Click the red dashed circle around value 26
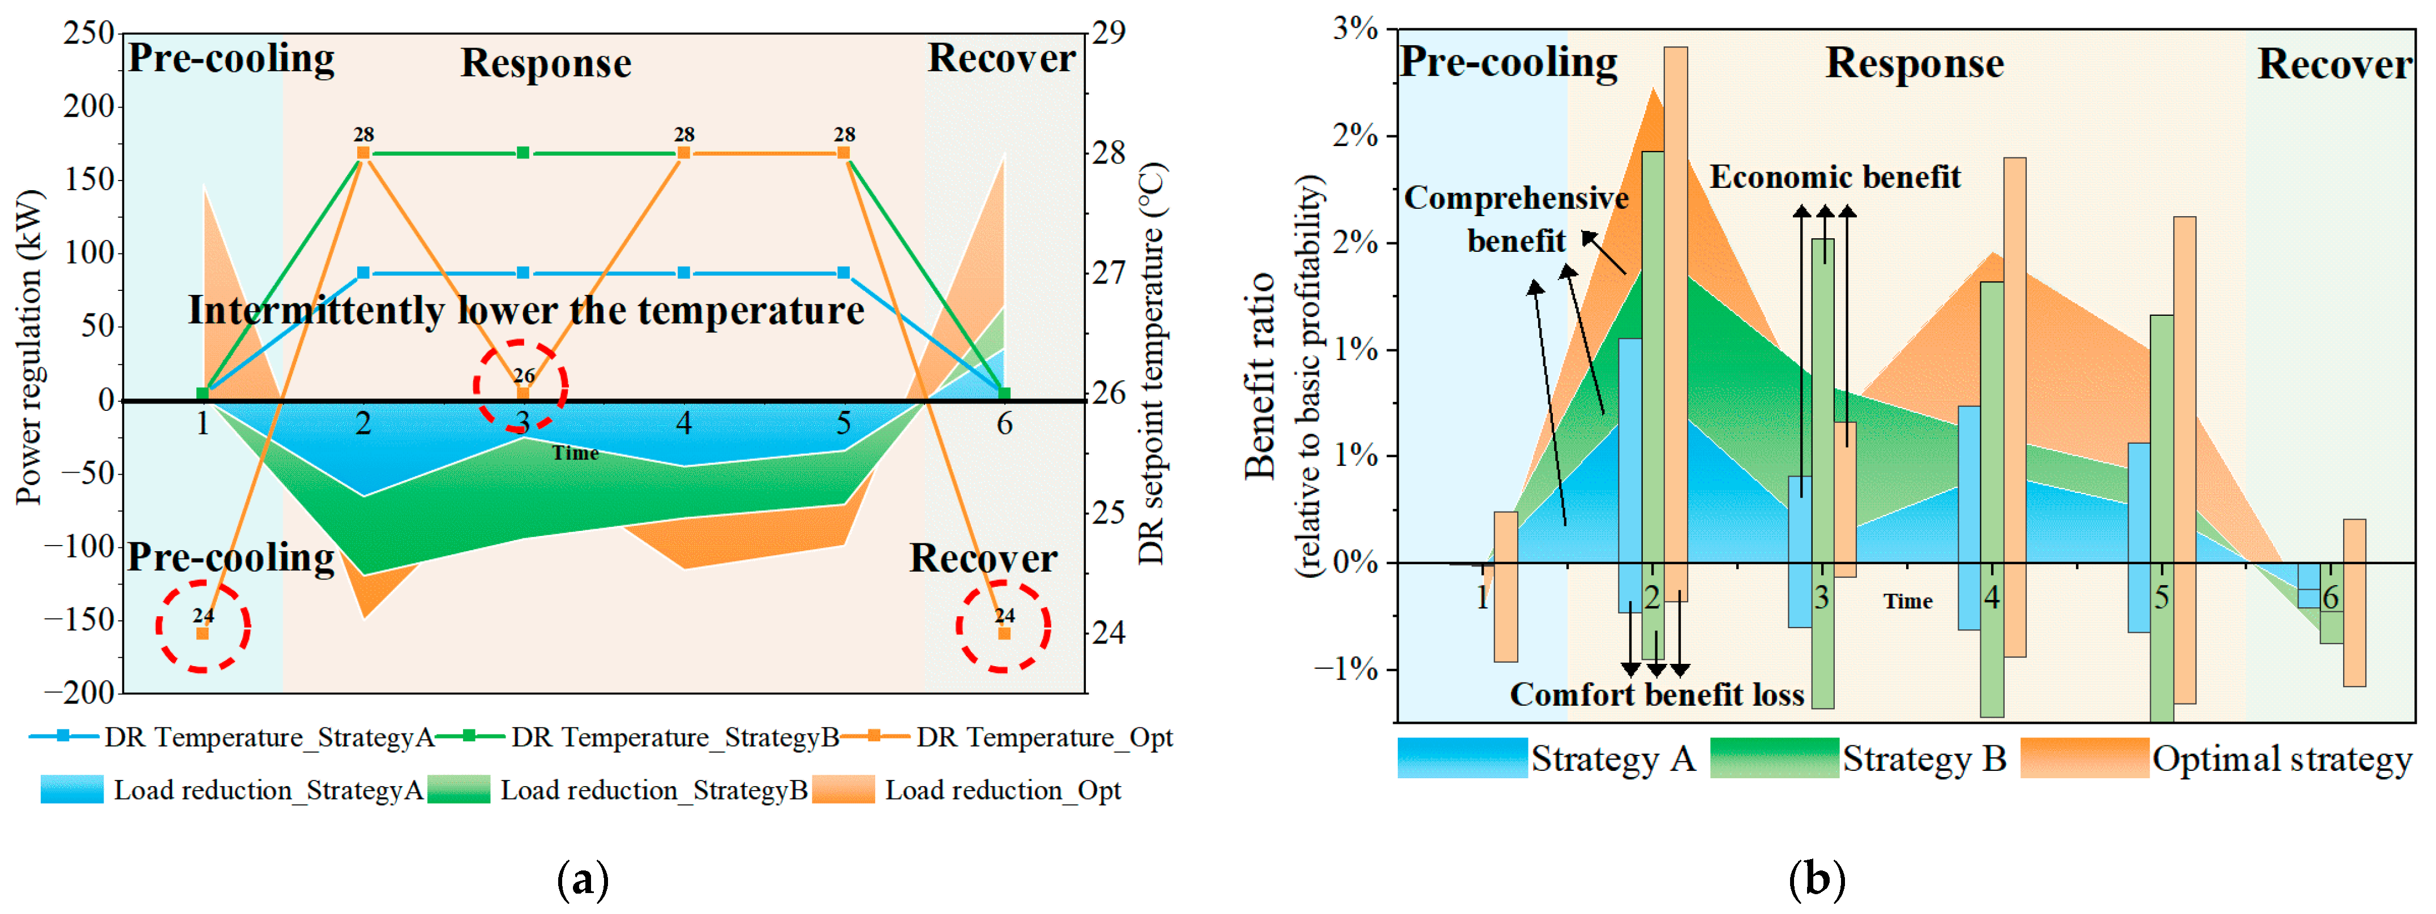click(521, 385)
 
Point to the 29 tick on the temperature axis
click(1109, 33)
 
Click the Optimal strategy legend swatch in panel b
click(2084, 758)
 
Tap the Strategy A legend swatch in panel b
click(1462, 758)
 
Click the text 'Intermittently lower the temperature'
click(526, 310)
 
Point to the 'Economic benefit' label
click(1835, 177)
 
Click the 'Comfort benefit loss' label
click(1657, 695)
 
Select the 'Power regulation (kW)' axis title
click(29, 347)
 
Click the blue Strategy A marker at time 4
click(684, 273)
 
